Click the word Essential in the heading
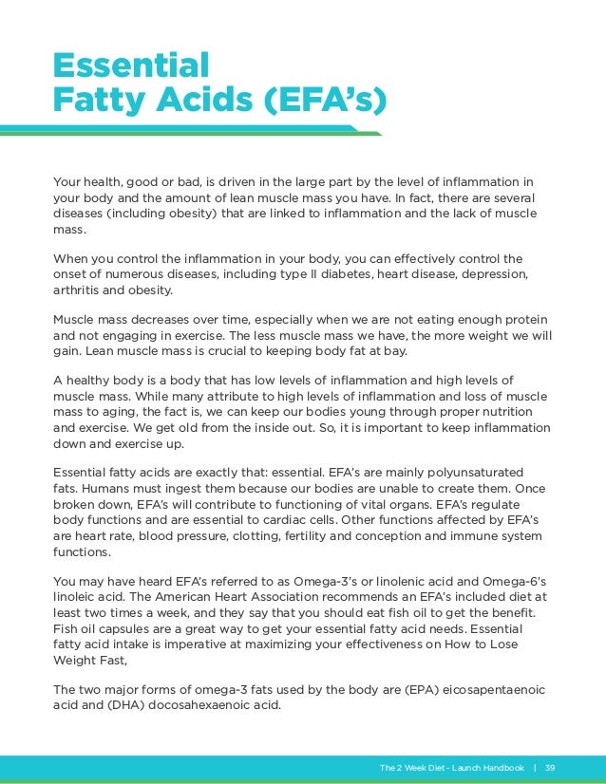pyautogui.click(x=131, y=65)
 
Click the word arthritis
pyautogui.click(x=80, y=291)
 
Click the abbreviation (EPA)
pyautogui.click(x=395, y=689)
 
